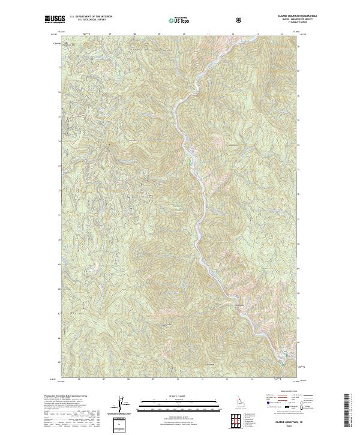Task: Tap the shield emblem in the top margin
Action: (239, 20)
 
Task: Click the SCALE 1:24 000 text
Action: (172, 396)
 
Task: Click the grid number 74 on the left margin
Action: (59, 142)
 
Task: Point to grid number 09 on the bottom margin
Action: (153, 379)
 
